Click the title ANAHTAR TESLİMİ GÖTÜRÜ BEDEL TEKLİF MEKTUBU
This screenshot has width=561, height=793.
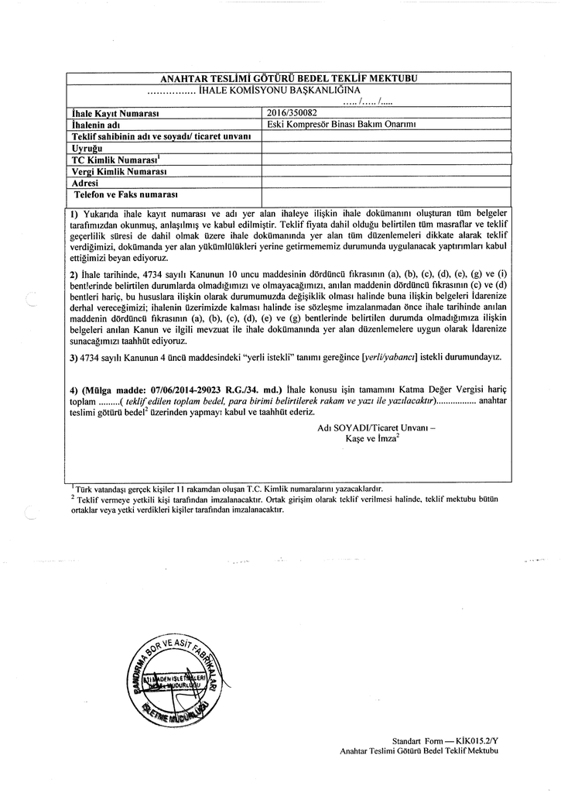(288, 79)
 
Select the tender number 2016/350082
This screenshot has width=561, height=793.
(289, 113)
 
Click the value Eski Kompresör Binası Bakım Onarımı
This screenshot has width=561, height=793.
(341, 125)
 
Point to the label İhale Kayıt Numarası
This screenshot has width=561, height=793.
(115, 113)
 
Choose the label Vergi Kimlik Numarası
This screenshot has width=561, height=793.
(120, 170)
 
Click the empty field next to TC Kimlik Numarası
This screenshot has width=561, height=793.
(386, 159)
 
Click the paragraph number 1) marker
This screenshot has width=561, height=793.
(75, 212)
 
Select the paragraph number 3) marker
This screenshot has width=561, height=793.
(74, 357)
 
